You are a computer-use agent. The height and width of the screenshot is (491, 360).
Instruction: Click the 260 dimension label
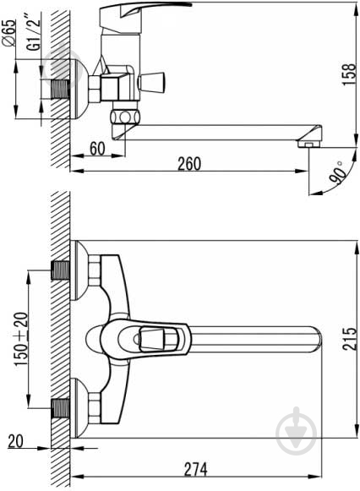[189, 163]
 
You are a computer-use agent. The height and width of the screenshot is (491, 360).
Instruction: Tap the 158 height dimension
[349, 74]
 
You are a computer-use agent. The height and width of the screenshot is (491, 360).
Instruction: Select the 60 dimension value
[98, 149]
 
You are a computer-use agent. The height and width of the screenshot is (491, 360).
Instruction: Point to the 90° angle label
[337, 172]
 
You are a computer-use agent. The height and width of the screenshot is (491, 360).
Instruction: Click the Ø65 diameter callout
[9, 33]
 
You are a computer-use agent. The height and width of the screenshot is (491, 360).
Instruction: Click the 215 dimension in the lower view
[349, 339]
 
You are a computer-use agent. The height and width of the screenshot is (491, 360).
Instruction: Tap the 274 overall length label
[195, 469]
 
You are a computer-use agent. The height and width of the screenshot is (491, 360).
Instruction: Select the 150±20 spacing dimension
[21, 339]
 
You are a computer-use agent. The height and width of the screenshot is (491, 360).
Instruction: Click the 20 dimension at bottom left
[15, 441]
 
